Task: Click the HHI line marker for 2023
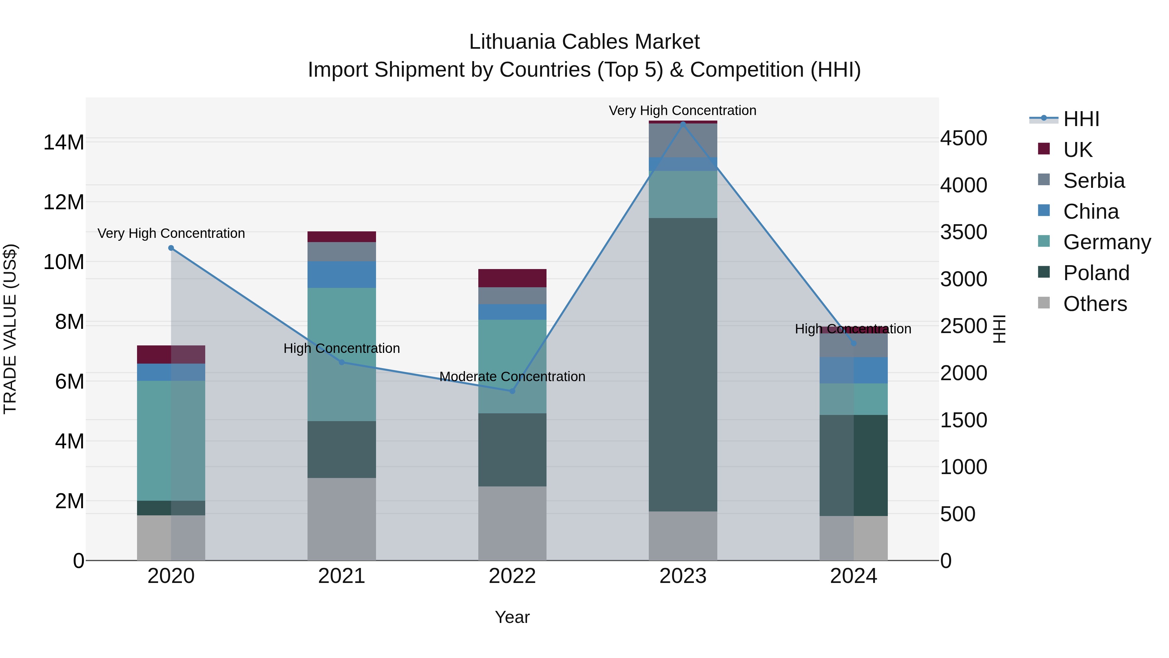pyautogui.click(x=683, y=123)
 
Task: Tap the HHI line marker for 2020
pyautogui.click(x=171, y=248)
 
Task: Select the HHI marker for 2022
pyautogui.click(x=512, y=391)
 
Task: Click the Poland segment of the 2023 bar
pyautogui.click(x=683, y=364)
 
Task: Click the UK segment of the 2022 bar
pyautogui.click(x=512, y=278)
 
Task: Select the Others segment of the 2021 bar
pyautogui.click(x=342, y=519)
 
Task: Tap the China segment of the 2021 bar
pyautogui.click(x=342, y=274)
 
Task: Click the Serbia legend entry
pyautogui.click(x=1094, y=181)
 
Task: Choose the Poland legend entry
pyautogui.click(x=1096, y=273)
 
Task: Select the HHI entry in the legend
pyautogui.click(x=1081, y=119)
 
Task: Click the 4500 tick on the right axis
pyautogui.click(x=963, y=138)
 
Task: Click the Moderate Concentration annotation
pyautogui.click(x=512, y=377)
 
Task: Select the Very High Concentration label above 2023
pyautogui.click(x=683, y=110)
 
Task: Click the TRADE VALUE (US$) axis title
pyautogui.click(x=10, y=329)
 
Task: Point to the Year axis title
pyautogui.click(x=512, y=617)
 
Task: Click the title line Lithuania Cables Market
pyautogui.click(x=584, y=42)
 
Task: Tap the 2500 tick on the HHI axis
pyautogui.click(x=963, y=326)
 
